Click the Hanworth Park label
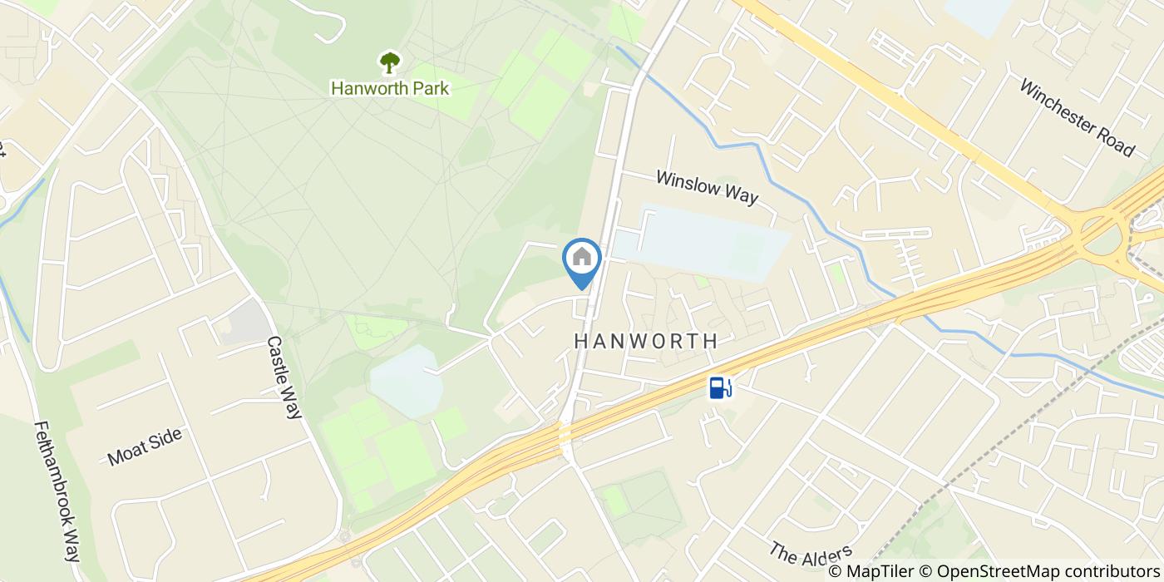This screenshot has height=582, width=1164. click(x=390, y=88)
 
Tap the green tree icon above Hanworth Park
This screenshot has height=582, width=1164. click(x=389, y=62)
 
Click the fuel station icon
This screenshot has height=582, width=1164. click(x=720, y=387)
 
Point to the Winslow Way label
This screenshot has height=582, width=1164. click(x=707, y=187)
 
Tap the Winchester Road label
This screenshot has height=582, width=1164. click(x=1076, y=117)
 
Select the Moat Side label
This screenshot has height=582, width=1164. click(x=145, y=446)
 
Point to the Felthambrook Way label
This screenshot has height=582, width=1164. click(x=57, y=491)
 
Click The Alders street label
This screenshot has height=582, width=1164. click(x=811, y=552)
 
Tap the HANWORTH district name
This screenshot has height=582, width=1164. click(x=645, y=341)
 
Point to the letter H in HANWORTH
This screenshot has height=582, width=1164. click(x=580, y=341)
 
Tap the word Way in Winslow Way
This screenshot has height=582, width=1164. click(x=740, y=195)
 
